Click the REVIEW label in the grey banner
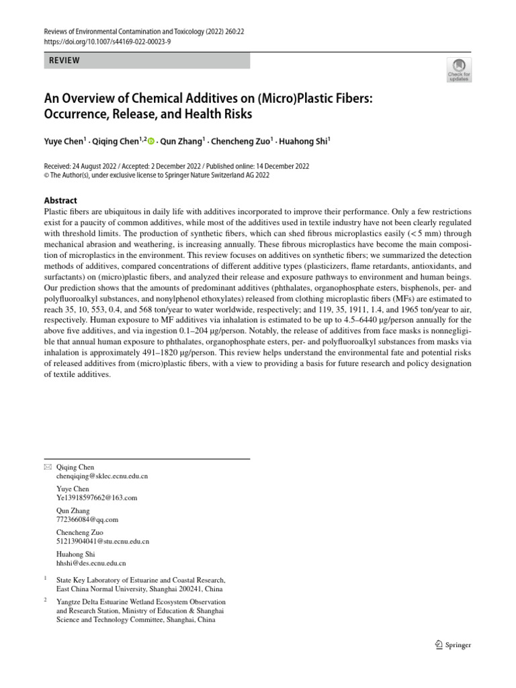64,60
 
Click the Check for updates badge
459,69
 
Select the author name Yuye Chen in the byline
64,141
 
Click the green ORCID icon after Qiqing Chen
150,141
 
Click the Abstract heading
60,200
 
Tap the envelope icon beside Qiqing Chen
46,467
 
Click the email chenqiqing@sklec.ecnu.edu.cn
102,476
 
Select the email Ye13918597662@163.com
97,498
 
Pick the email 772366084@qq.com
87,519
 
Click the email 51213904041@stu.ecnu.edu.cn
103,541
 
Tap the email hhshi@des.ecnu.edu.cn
91,563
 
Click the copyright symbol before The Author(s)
46,175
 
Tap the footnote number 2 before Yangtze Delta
45,600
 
